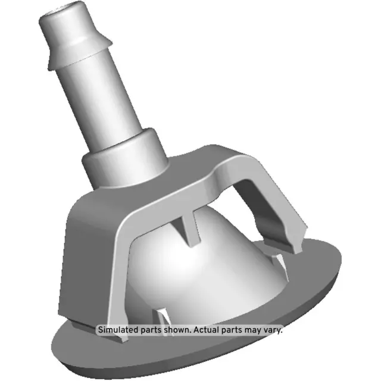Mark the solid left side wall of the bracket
89,250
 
